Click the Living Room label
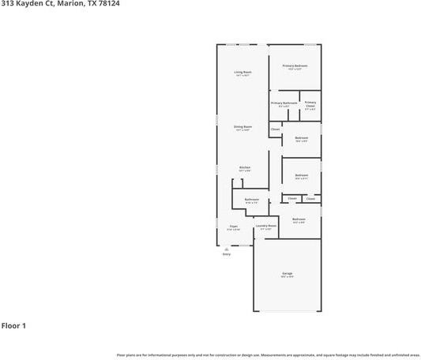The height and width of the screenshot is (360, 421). click(242, 72)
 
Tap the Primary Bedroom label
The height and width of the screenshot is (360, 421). click(295, 66)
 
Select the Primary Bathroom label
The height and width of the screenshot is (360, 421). click(284, 103)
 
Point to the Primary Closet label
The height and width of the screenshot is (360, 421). click(310, 103)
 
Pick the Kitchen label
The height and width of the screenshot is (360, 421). click(245, 167)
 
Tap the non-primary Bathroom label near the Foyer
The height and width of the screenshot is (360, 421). click(252, 200)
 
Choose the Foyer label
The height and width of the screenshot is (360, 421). click(234, 227)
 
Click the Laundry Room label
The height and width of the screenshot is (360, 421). click(265, 226)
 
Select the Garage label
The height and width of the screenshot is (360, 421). click(287, 274)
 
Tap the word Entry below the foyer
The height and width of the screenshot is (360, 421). click(227, 254)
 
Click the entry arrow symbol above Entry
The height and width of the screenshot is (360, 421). click(227, 249)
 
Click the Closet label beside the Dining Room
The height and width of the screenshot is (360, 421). click(275, 129)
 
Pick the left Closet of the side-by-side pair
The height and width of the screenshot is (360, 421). click(291, 198)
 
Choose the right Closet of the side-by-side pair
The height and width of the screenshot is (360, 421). click(310, 198)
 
